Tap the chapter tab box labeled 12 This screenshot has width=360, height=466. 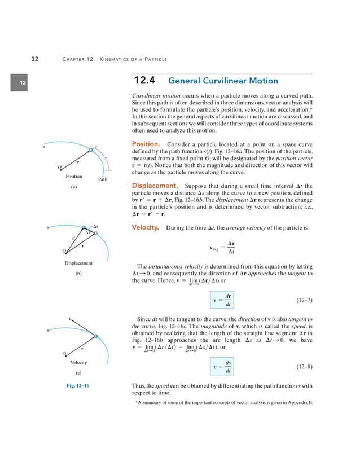coord(23,83)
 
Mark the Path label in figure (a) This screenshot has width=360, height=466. coord(103,180)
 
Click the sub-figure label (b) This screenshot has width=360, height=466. coord(78,274)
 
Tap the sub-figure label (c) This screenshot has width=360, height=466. coord(78,373)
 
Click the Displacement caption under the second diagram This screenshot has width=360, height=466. coord(78,263)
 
